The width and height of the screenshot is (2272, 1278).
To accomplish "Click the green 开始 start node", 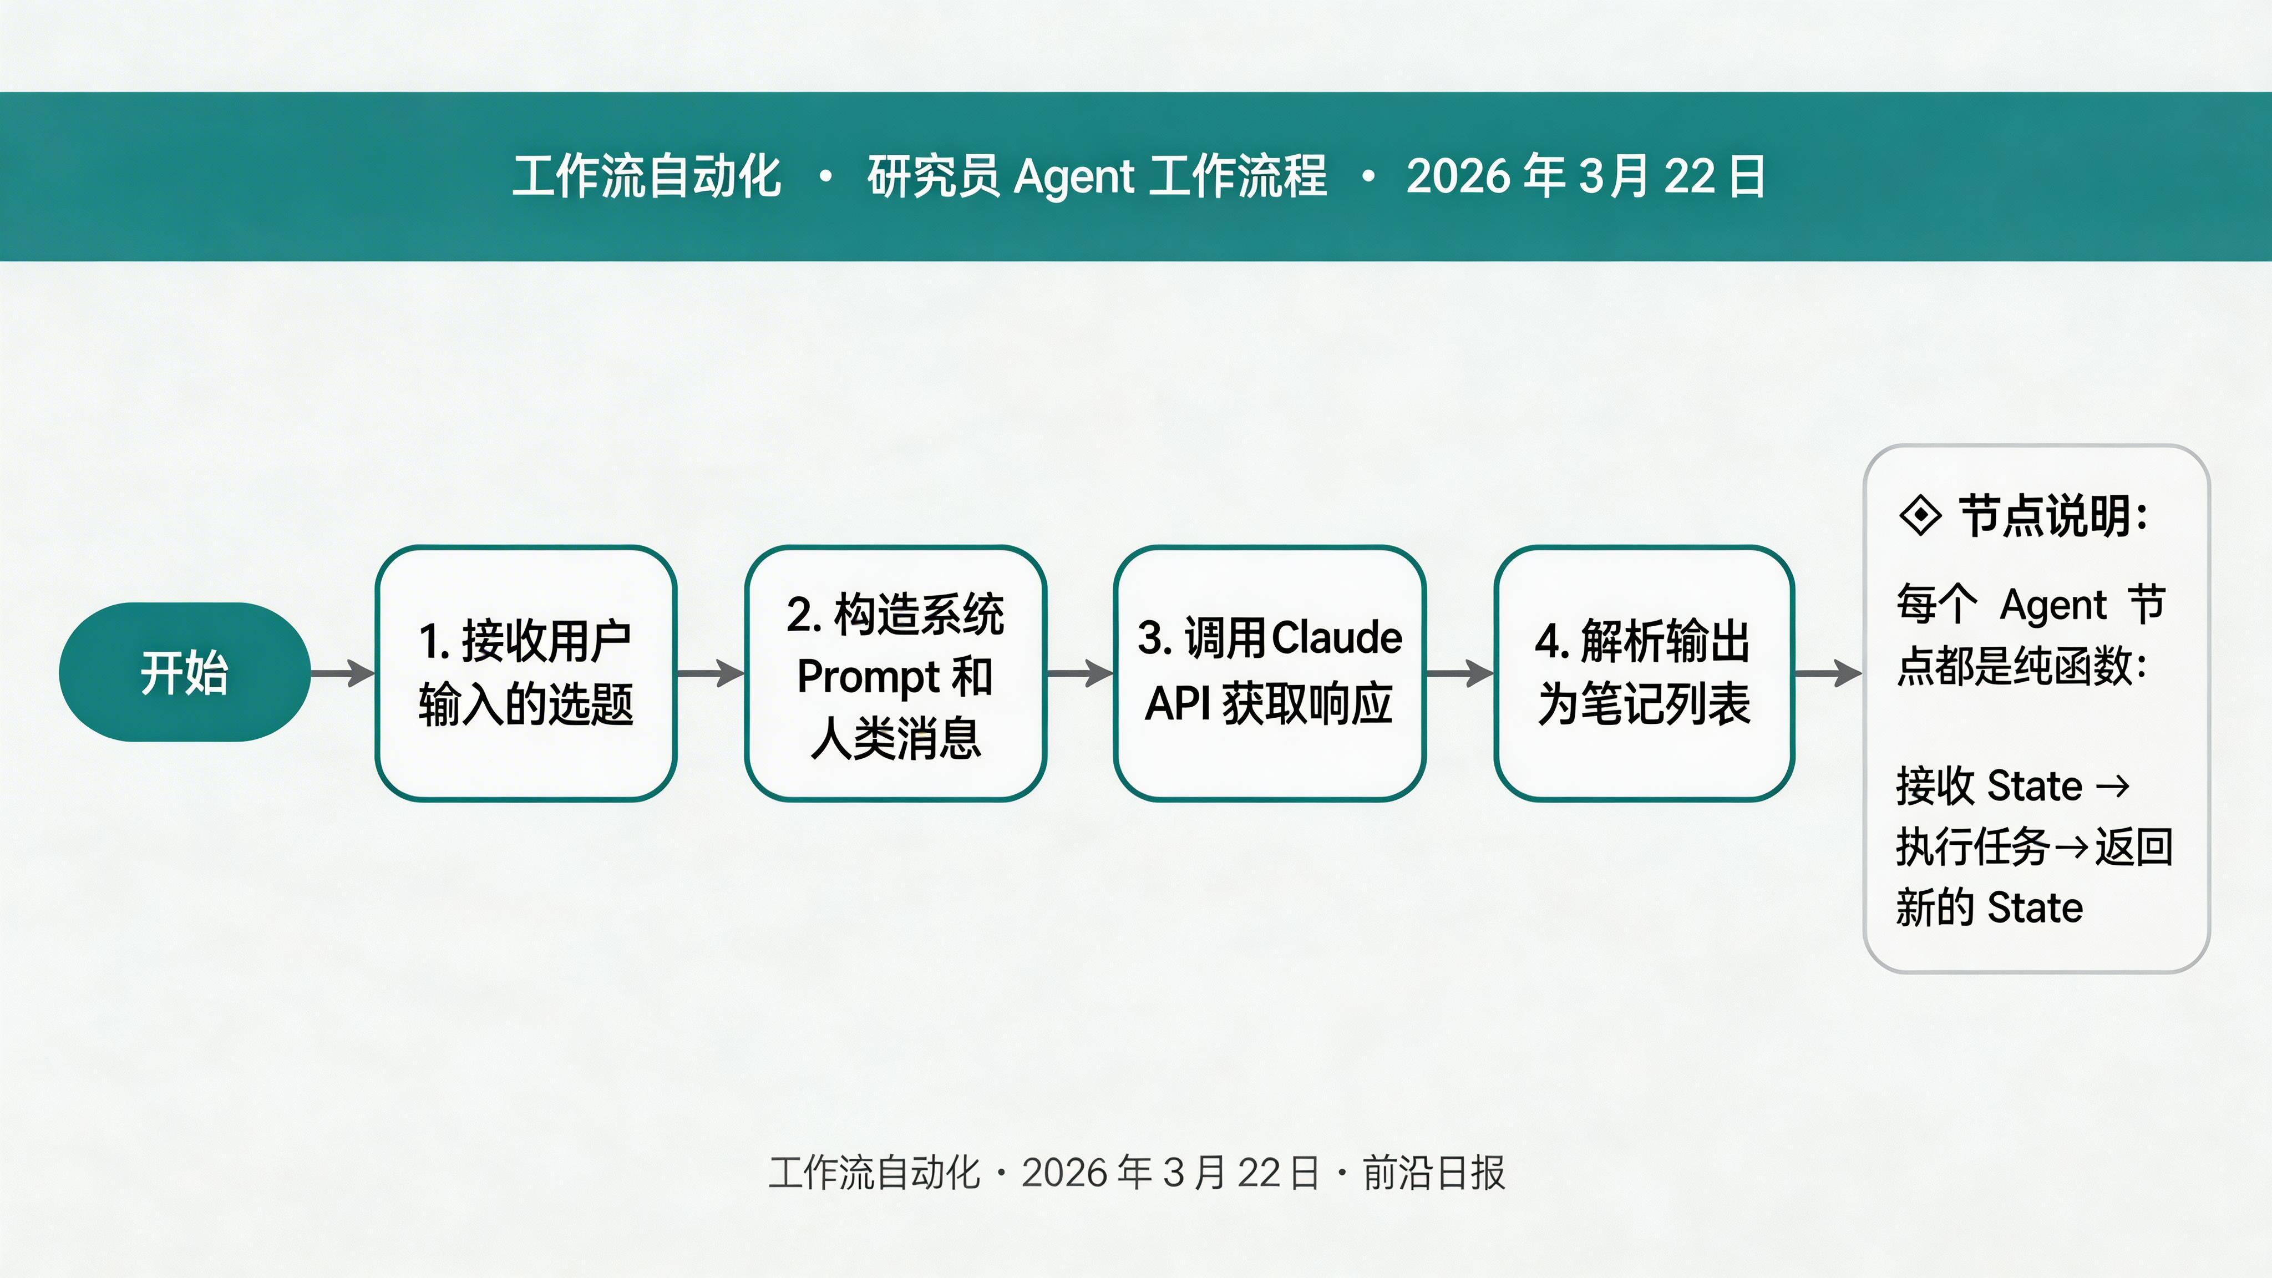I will [x=184, y=672].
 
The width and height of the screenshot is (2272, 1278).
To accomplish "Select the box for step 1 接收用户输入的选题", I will [x=526, y=673].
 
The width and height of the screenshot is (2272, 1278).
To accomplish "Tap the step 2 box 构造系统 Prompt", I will [x=895, y=673].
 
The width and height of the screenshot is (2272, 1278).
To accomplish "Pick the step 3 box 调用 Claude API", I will [x=1269, y=673].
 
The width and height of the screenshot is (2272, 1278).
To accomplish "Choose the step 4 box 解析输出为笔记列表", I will [x=1644, y=673].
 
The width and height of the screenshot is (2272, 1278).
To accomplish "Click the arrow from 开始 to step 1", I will [x=343, y=673].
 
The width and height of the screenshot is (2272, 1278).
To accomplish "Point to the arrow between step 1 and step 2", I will [x=711, y=673].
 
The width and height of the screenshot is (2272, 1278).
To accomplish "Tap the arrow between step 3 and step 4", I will [x=1460, y=673].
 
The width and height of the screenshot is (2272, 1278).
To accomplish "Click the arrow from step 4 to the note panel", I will [x=1828, y=673].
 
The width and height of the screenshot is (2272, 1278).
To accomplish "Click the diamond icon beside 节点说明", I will [x=1920, y=516].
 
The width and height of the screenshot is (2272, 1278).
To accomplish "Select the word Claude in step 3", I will [x=1337, y=638].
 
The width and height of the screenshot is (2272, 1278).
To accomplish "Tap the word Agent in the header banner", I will [x=1074, y=176].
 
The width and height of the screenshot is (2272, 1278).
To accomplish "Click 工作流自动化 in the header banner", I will [x=647, y=176].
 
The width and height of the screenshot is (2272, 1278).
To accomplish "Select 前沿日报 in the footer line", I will [x=1434, y=1173].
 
